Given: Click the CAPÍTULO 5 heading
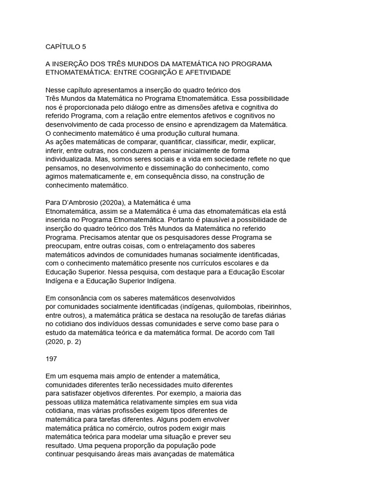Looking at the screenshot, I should point(65,47).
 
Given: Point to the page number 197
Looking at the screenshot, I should point(51,358).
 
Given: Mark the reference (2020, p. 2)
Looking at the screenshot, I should point(63,342).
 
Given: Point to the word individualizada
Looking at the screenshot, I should point(73,159).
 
